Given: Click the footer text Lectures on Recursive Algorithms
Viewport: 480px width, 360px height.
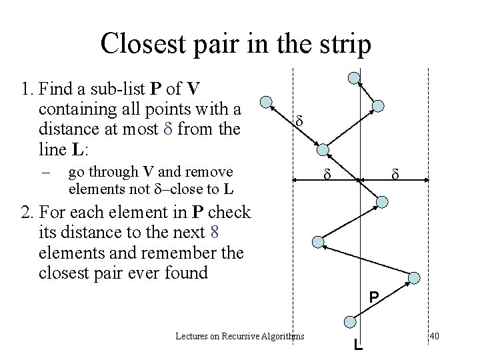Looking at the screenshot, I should [240, 336].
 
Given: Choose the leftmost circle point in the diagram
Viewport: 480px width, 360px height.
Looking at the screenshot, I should [266, 103].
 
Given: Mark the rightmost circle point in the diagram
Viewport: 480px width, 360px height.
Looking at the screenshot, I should [413, 278].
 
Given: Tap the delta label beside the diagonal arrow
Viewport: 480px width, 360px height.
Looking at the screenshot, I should [299, 123].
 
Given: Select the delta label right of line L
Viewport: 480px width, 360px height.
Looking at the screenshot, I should [395, 175].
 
